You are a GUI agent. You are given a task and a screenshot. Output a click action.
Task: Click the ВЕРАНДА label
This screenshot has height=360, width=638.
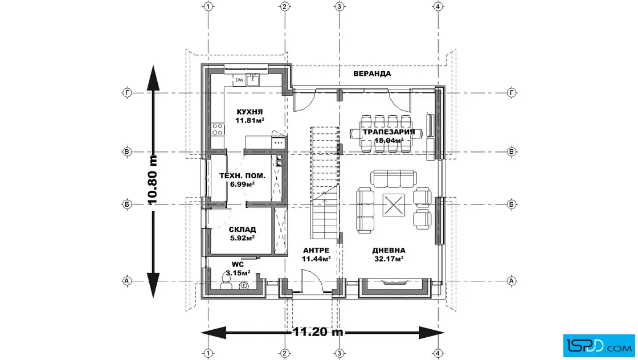coord(372,73)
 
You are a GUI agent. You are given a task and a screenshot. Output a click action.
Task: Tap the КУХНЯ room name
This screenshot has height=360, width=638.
coord(250,112)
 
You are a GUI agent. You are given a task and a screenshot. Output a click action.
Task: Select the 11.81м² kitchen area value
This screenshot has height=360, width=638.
coord(250,120)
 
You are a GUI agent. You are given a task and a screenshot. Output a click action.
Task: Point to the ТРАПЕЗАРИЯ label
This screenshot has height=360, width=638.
coord(388,132)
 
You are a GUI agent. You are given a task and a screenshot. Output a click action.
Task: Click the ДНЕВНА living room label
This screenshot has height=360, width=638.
coord(388,250)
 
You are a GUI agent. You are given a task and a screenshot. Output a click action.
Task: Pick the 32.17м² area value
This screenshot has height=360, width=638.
coord(388,259)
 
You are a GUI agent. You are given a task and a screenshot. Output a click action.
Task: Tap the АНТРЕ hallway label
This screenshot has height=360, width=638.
coord(316,250)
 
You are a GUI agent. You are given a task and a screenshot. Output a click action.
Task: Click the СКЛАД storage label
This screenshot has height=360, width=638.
coord(243,230)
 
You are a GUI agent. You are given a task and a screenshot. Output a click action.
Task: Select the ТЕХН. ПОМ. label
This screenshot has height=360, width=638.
coord(243,176)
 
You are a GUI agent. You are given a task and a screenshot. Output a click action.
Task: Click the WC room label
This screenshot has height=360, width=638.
coord(238,265)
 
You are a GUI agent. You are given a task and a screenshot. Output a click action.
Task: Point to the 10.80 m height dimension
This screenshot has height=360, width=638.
coord(152,179)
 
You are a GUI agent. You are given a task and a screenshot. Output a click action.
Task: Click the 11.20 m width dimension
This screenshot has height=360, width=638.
coord(318,332)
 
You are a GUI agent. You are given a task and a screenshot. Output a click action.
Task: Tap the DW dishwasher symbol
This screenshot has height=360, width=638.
coord(240,80)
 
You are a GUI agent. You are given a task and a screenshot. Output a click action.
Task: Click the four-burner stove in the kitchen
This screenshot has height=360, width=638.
coord(217,129)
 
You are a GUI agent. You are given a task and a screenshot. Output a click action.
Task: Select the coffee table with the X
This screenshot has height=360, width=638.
coord(394,204)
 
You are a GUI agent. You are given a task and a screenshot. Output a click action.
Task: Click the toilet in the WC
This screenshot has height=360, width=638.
coord(226,281)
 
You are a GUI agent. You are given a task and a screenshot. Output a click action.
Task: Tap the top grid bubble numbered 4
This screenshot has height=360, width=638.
coord(438,6)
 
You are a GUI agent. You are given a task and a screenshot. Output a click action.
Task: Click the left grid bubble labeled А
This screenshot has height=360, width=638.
coord(127,281)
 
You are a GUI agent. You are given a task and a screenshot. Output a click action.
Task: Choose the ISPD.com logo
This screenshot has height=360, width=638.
coord(599,345)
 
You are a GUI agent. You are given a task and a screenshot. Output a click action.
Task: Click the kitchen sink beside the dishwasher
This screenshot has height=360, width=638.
coord(253,80)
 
